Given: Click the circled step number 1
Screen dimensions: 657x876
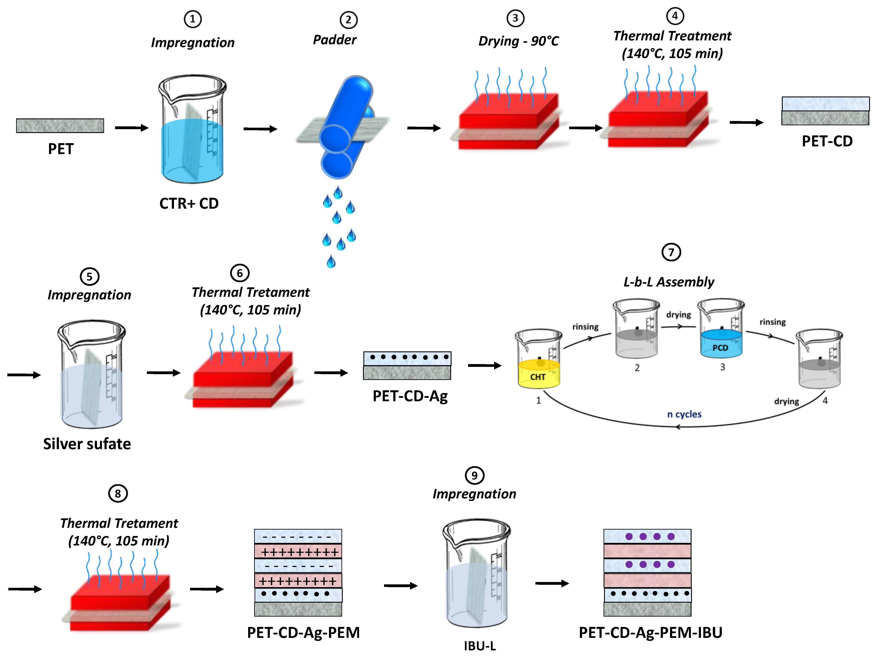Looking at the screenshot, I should point(192,19).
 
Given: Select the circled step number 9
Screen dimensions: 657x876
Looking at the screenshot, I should point(474,475).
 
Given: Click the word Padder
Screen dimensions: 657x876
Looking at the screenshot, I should point(335,40).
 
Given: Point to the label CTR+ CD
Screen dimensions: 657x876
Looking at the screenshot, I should point(189,204).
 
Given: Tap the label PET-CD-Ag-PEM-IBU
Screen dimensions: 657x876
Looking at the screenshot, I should point(650,632).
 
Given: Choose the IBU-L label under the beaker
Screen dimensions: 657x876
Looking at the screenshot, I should point(479,646).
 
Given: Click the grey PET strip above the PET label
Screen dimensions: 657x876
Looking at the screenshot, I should point(60,126).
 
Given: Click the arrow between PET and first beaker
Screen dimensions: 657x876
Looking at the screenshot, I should point(131,127).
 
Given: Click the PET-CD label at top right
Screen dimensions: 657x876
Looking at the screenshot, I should point(827,141).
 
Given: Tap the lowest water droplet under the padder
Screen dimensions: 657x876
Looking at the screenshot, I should point(331,262).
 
